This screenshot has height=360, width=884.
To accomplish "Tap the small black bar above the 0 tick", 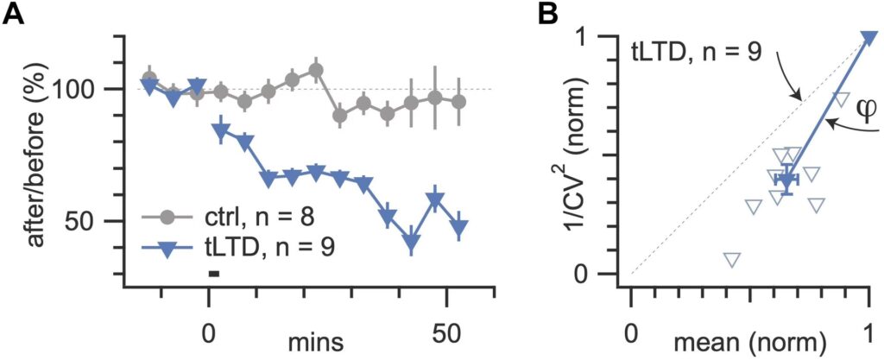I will pos(213,274).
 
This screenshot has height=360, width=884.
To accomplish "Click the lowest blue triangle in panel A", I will pos(412,243).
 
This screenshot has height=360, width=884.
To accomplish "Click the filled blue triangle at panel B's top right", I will pos(868,37).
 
